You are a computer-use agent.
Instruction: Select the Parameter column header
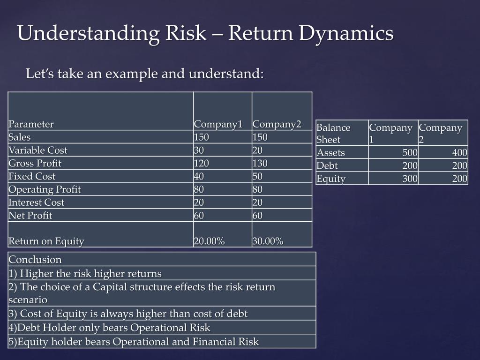[x=31, y=124]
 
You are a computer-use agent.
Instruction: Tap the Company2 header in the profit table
[x=276, y=124]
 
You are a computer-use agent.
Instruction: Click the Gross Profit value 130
[x=260, y=164]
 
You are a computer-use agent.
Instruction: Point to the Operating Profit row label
[x=45, y=189]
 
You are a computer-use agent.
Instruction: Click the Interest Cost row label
[x=37, y=202]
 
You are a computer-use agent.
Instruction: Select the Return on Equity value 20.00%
[x=209, y=241]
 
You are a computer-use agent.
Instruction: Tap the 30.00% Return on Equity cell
[x=268, y=241]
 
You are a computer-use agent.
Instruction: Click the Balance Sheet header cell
[x=334, y=134]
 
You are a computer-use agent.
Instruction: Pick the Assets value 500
[x=409, y=153]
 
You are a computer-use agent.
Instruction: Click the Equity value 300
[x=409, y=179]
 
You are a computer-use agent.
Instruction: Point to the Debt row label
[x=327, y=165]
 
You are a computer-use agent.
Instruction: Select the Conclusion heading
[x=35, y=260]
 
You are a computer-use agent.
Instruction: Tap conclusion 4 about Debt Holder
[x=109, y=328]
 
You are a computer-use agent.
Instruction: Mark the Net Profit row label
[x=30, y=216]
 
